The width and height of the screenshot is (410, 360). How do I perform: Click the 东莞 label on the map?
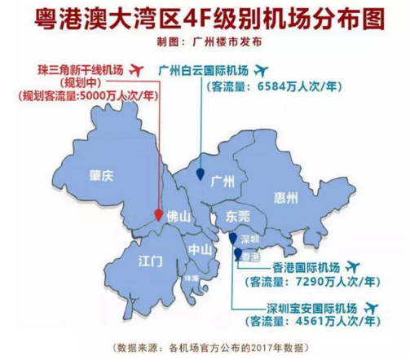tap(227, 217)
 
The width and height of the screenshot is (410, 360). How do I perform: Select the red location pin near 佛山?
tap(159, 214)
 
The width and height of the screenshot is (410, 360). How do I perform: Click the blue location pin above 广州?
tap(201, 172)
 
